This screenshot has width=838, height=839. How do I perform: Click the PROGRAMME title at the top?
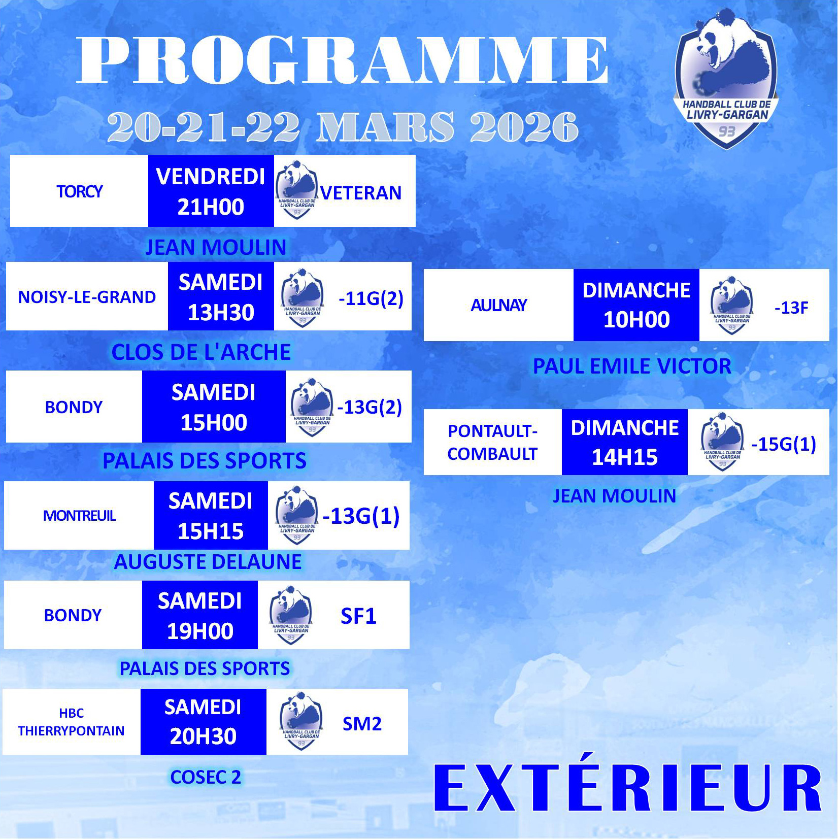pyautogui.click(x=343, y=60)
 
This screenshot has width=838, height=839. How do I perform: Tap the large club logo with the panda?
pyautogui.click(x=726, y=79)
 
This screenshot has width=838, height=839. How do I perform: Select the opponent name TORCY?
pyautogui.click(x=80, y=192)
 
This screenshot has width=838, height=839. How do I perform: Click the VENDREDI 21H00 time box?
pyautogui.click(x=211, y=191)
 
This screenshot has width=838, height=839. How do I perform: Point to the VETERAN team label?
pyautogui.click(x=361, y=193)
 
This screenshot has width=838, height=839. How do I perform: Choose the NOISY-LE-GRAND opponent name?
pyautogui.click(x=87, y=297)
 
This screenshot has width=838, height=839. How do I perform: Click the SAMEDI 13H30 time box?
pyautogui.click(x=221, y=296)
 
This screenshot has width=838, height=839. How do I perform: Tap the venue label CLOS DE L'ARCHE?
pyautogui.click(x=201, y=352)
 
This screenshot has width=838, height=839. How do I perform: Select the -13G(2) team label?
pyautogui.click(x=370, y=407)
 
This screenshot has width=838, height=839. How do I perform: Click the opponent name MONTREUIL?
pyautogui.click(x=80, y=516)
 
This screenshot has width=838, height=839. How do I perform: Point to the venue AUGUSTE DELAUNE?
pyautogui.click(x=208, y=562)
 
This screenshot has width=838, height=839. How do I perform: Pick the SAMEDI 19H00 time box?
pyautogui.click(x=200, y=615)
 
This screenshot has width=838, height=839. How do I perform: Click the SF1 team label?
pyautogui.click(x=358, y=616)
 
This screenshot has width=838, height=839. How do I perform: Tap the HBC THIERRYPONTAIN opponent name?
pyautogui.click(x=71, y=722)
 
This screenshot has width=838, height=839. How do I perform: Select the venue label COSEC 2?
pyautogui.click(x=206, y=777)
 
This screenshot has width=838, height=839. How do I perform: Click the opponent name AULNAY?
pyautogui.click(x=499, y=305)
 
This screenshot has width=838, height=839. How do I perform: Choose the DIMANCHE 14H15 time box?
pyautogui.click(x=625, y=442)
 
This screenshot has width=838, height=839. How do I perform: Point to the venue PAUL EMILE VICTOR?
pyautogui.click(x=632, y=366)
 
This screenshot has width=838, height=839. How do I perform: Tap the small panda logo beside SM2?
pyautogui.click(x=301, y=721)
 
